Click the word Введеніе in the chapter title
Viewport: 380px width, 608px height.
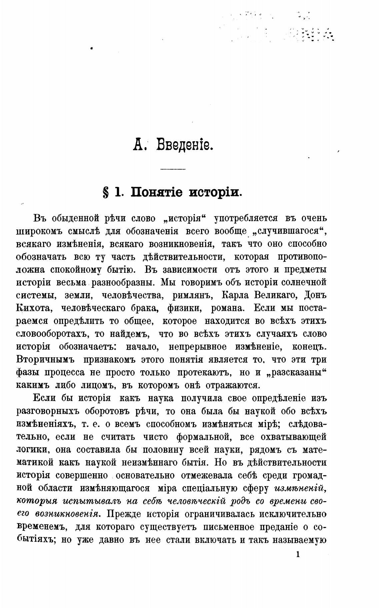(185, 146)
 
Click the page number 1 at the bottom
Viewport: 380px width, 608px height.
(298, 555)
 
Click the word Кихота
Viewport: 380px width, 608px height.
(33, 308)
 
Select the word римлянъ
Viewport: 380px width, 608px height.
(192, 295)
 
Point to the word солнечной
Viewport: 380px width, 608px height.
(303, 282)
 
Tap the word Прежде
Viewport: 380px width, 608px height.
(124, 514)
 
